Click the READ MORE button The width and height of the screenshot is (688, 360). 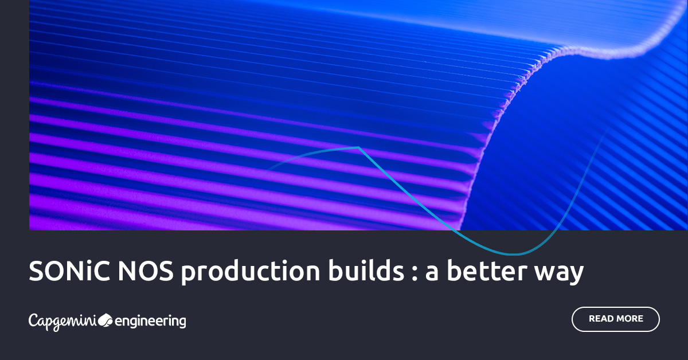pos(616,319)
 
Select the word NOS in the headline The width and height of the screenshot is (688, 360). pos(146,271)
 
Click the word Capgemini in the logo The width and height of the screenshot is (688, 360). pos(62,321)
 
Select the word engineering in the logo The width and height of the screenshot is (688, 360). pos(151,322)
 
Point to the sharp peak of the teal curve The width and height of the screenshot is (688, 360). pos(358,148)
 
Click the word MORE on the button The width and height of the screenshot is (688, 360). pos(630,319)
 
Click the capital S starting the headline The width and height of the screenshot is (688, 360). pos(36,271)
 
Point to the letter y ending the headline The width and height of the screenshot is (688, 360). pos(576,276)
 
